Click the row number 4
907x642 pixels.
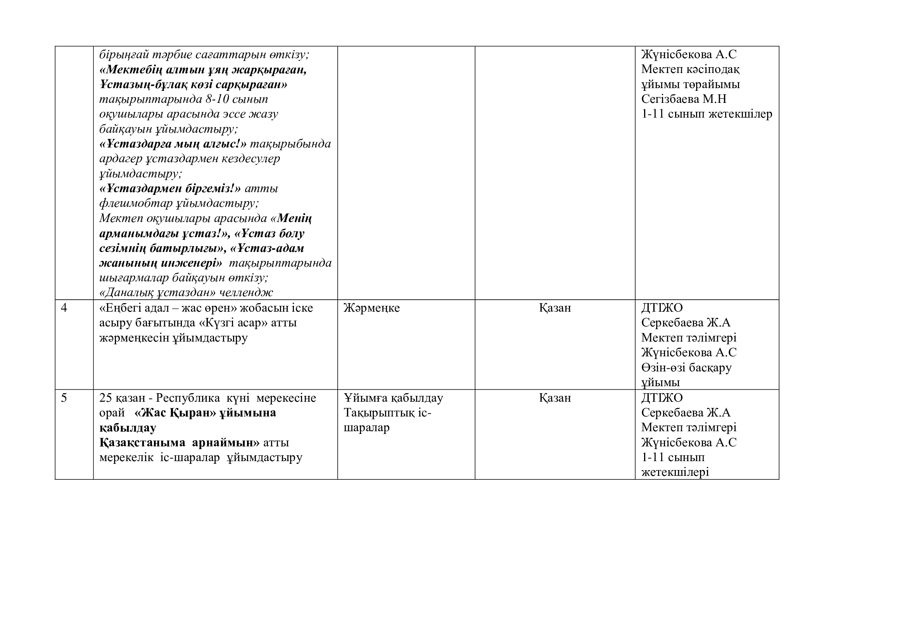[64, 308]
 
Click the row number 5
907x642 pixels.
[64, 398]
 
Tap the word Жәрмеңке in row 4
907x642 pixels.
[371, 308]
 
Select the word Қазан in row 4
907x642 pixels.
[555, 308]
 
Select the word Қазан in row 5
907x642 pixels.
[555, 398]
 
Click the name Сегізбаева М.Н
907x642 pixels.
[684, 99]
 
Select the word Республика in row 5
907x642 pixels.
[191, 398]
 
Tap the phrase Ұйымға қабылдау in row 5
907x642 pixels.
[393, 398]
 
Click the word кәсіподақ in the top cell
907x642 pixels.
[714, 69]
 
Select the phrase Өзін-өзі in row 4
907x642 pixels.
[663, 368]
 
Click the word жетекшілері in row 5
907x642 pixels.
[675, 472]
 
